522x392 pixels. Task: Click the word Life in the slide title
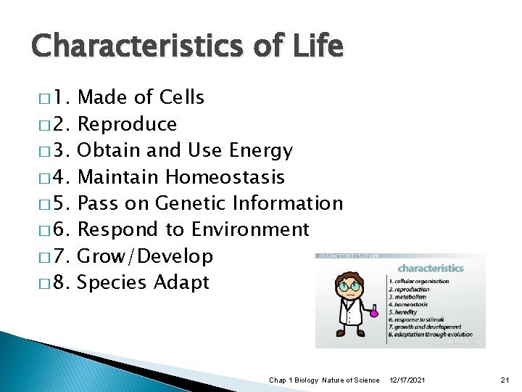[314, 47]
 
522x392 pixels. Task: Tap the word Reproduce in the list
[127, 124]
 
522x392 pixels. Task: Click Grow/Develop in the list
[145, 256]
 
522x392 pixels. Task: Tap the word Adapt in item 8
[182, 282]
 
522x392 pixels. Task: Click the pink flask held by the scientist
[374, 313]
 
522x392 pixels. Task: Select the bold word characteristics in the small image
[431, 268]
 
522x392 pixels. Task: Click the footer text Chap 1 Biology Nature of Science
[323, 380]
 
